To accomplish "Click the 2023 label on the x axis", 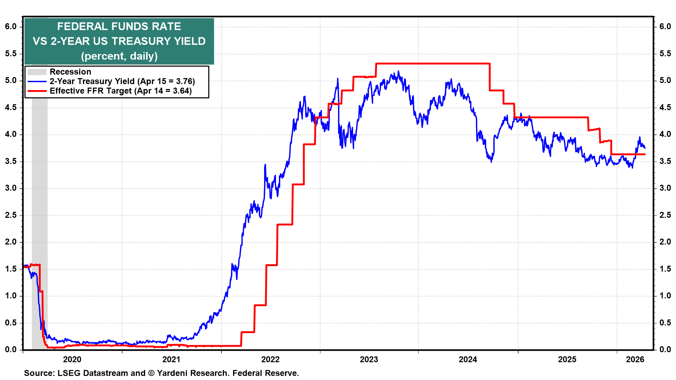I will [x=369, y=359].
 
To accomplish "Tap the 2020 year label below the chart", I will [x=72, y=359].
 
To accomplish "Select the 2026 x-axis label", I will [x=635, y=359].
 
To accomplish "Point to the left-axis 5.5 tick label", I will [x=11, y=53].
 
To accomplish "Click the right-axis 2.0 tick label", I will [x=665, y=242].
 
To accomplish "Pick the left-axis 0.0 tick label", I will [x=11, y=349].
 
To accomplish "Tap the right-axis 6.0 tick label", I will [x=665, y=26].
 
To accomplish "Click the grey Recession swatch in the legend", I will [x=37, y=72].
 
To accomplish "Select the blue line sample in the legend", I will [x=37, y=81].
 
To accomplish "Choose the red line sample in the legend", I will [x=37, y=91].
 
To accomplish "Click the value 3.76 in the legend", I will [x=185, y=81].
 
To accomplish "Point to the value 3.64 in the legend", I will [x=182, y=91].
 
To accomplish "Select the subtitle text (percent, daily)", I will [x=119, y=56].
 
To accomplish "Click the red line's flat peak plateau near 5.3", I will [x=433, y=64].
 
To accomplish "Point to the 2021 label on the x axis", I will [x=171, y=359].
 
